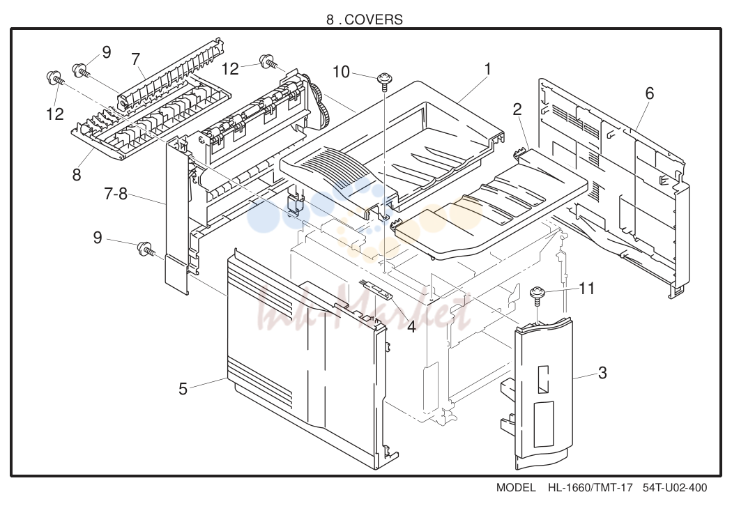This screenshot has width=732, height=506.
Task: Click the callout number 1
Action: (487, 69)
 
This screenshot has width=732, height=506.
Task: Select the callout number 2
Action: (517, 109)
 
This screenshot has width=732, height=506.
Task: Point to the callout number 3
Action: (602, 373)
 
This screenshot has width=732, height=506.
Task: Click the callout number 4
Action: (411, 326)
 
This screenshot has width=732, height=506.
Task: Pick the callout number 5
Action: (183, 389)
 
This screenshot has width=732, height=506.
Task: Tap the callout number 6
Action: (649, 94)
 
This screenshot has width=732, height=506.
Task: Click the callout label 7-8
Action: (115, 194)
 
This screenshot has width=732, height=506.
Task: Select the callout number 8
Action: (77, 174)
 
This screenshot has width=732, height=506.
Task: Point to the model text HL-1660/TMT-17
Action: (590, 488)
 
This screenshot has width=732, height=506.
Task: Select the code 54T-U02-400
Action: (675, 488)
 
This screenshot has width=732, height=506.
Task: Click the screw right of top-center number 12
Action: (269, 61)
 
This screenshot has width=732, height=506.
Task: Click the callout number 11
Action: (586, 289)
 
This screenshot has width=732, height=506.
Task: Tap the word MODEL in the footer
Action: (516, 488)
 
